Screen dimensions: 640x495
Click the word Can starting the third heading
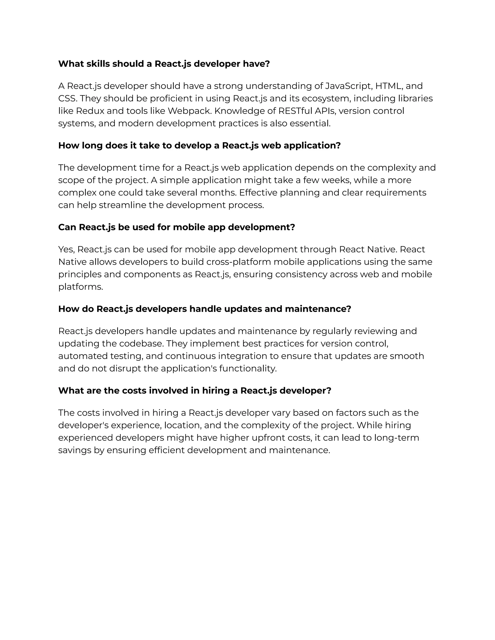(x=67, y=228)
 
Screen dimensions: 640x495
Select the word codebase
(x=140, y=344)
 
